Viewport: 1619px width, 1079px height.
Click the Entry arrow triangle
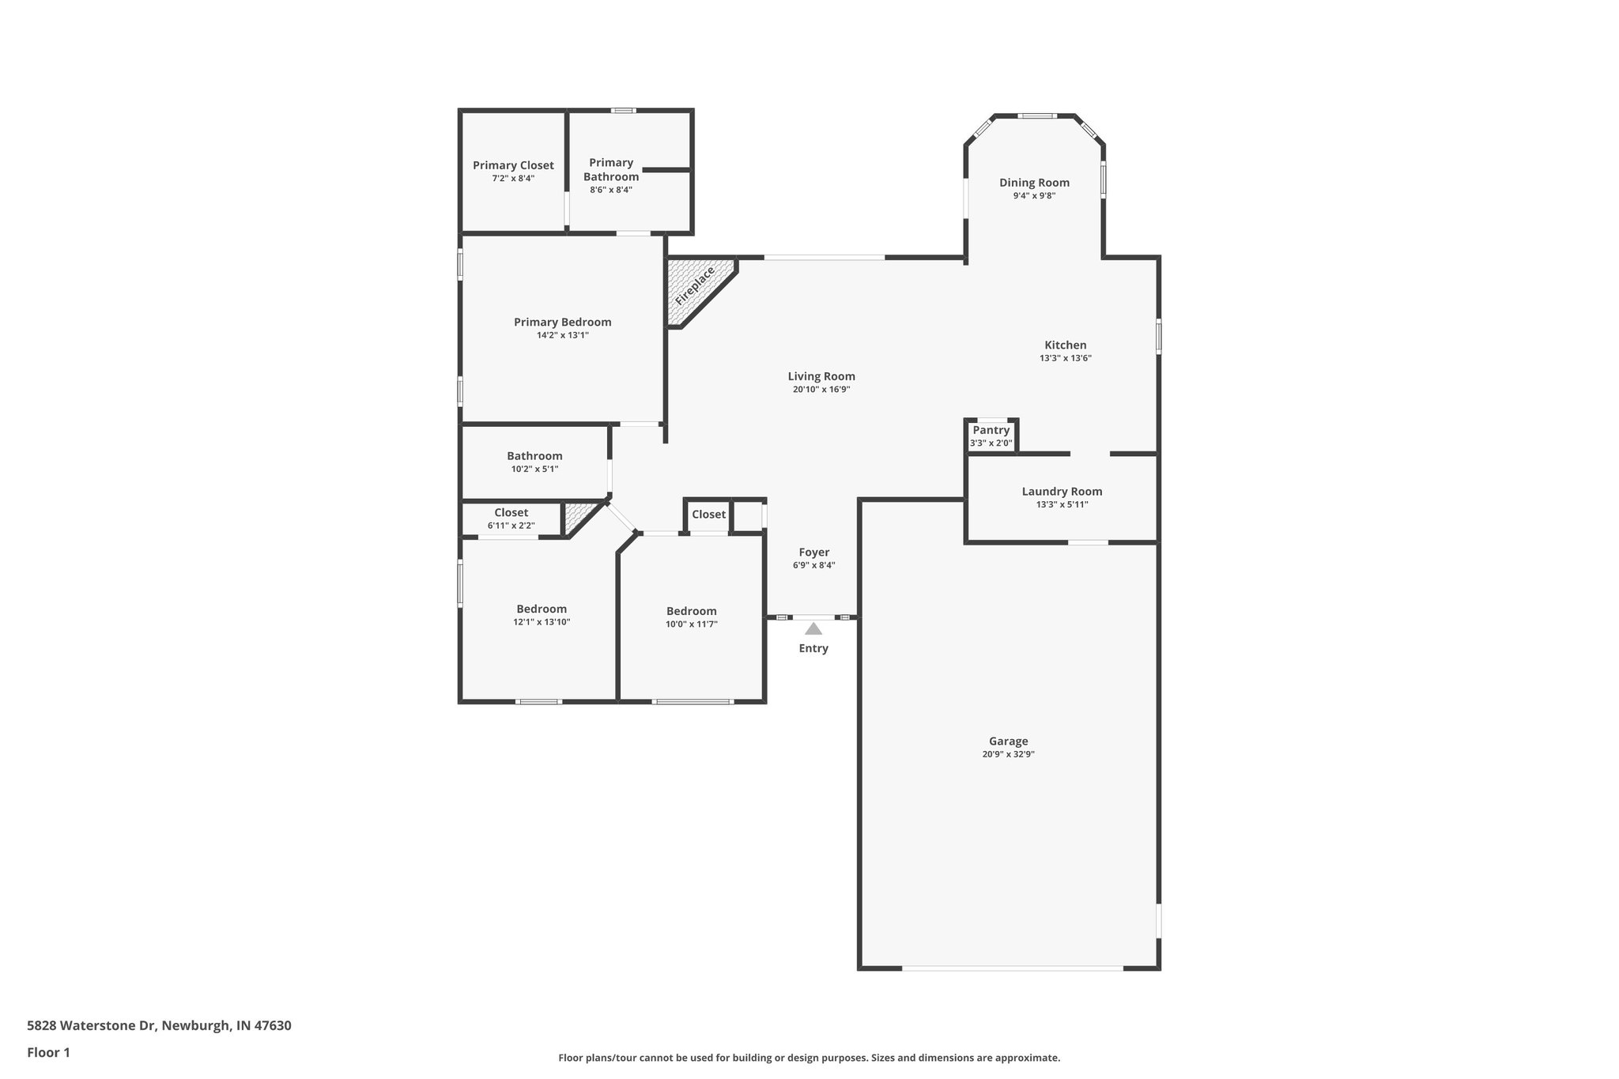[x=813, y=629]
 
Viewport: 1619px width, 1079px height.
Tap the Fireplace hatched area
[x=693, y=288]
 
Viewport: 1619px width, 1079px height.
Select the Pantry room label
[x=991, y=430]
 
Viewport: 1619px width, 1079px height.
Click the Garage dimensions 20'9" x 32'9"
[x=1008, y=754]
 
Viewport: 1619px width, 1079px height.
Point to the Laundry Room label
[x=1062, y=492]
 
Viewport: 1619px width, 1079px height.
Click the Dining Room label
[x=1034, y=183]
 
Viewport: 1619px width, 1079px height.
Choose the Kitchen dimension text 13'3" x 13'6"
[x=1065, y=358]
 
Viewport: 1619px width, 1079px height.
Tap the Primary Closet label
[x=513, y=165]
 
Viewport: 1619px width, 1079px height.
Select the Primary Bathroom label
[x=611, y=169]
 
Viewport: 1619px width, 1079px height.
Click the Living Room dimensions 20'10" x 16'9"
[x=821, y=390]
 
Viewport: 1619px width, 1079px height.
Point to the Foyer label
[x=813, y=553]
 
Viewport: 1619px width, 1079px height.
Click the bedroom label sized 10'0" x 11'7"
[x=691, y=611]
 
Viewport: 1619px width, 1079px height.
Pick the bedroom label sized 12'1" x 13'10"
[x=542, y=609]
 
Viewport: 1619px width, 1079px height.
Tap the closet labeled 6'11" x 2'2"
[x=511, y=513]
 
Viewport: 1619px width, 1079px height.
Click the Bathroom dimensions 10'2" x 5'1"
[x=534, y=469]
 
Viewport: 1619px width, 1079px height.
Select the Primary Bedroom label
[x=562, y=322]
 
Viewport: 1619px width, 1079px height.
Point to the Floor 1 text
[x=48, y=1052]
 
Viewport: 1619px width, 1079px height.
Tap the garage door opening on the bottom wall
[x=1012, y=968]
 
